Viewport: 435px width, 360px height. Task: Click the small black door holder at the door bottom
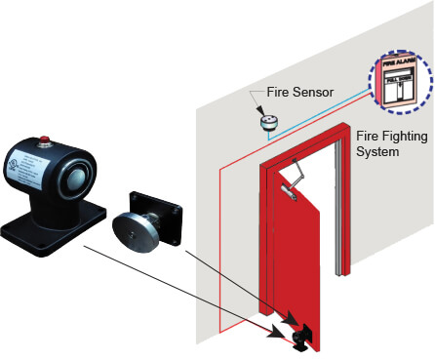[298, 335]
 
